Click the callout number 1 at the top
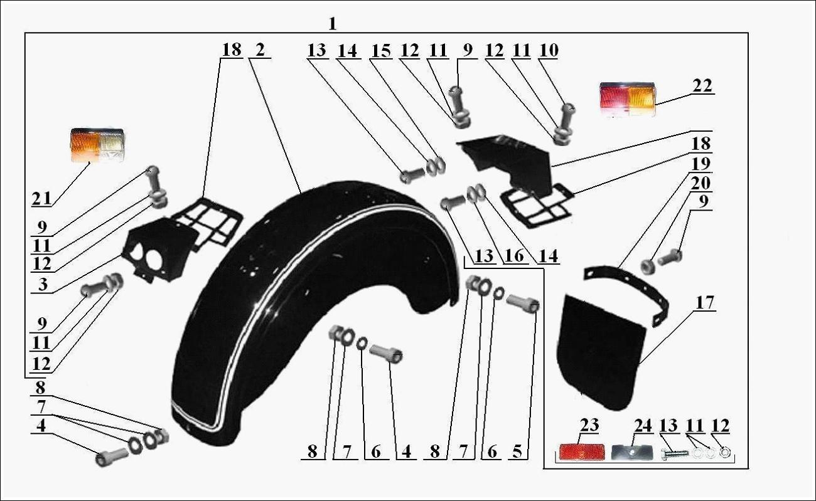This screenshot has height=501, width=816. [x=332, y=24]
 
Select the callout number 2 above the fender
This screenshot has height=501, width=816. [x=260, y=50]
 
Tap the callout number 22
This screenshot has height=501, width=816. [x=702, y=85]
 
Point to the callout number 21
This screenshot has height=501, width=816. [x=41, y=199]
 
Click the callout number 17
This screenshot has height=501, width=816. [x=705, y=303]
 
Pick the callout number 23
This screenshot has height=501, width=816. [x=589, y=425]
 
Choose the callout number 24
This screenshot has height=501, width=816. [x=643, y=426]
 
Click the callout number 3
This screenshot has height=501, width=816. [x=43, y=284]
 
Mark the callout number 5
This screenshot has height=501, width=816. [x=517, y=451]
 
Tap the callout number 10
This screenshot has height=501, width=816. [x=549, y=50]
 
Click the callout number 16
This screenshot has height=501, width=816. [x=515, y=256]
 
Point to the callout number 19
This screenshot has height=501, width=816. [x=701, y=164]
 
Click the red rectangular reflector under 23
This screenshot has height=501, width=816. [x=581, y=452]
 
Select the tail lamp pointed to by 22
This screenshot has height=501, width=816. [x=627, y=99]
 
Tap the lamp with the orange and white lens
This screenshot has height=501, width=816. [x=97, y=145]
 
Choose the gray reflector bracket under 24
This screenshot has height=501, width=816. [x=631, y=453]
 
